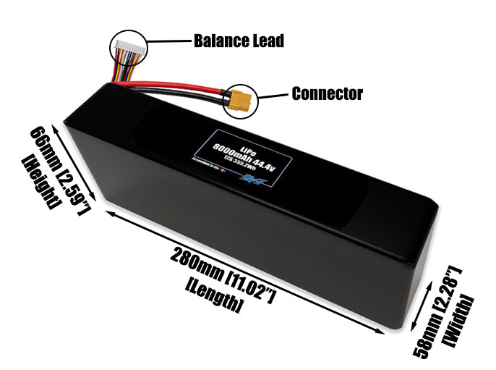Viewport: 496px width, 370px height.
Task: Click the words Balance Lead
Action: pos(239,41)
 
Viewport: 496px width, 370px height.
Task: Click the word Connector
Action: pos(327,93)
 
